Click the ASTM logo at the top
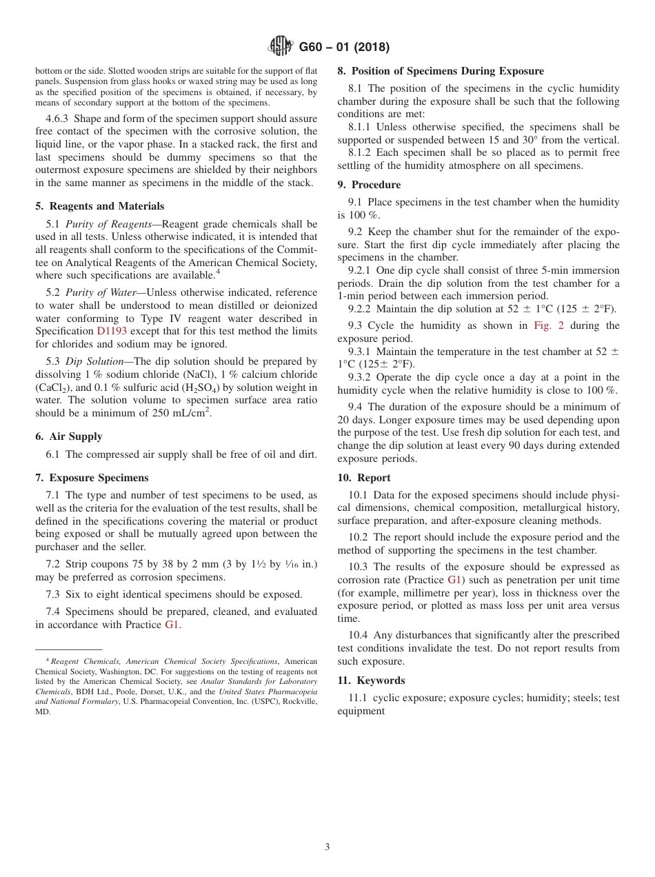281,46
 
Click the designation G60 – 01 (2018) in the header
344,47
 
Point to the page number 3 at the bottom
327,847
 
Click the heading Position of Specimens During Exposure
447,71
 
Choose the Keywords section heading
381,681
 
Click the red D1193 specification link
112,331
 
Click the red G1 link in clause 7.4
172,625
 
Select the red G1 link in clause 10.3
454,580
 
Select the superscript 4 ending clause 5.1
218,272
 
